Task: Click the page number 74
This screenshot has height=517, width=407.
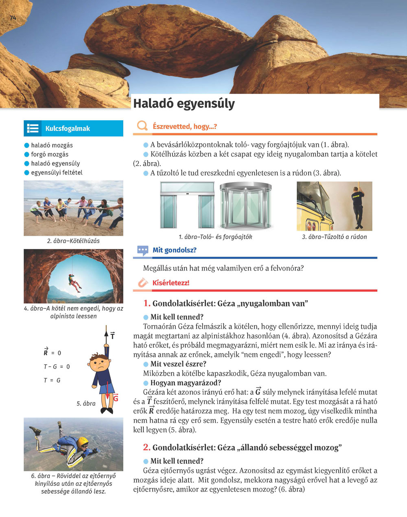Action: pyautogui.click(x=13, y=18)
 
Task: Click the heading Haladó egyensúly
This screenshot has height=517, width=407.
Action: pyautogui.click(x=184, y=104)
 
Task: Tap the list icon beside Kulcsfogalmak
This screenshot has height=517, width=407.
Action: pyautogui.click(x=33, y=128)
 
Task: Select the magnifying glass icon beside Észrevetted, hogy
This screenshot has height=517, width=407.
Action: pyautogui.click(x=142, y=126)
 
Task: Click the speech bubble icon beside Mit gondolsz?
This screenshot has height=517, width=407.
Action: pyautogui.click(x=142, y=250)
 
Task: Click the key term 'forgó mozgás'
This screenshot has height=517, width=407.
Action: pyautogui.click(x=50, y=155)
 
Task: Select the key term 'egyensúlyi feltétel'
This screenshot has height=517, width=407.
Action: pyautogui.click(x=57, y=172)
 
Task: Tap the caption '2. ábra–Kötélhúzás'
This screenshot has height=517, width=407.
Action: pyautogui.click(x=73, y=241)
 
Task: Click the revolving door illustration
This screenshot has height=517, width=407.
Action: pyautogui.click(x=246, y=205)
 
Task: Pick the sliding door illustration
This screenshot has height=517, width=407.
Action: pyautogui.click(x=187, y=205)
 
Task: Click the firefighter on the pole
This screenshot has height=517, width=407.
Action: pyautogui.click(x=357, y=206)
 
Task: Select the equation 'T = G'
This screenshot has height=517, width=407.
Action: pyautogui.click(x=52, y=380)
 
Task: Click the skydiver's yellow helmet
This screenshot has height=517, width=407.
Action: pyautogui.click(x=83, y=442)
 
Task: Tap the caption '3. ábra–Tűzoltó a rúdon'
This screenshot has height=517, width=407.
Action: pyautogui.click(x=334, y=237)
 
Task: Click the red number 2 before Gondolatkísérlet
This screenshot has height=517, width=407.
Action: pyautogui.click(x=147, y=448)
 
